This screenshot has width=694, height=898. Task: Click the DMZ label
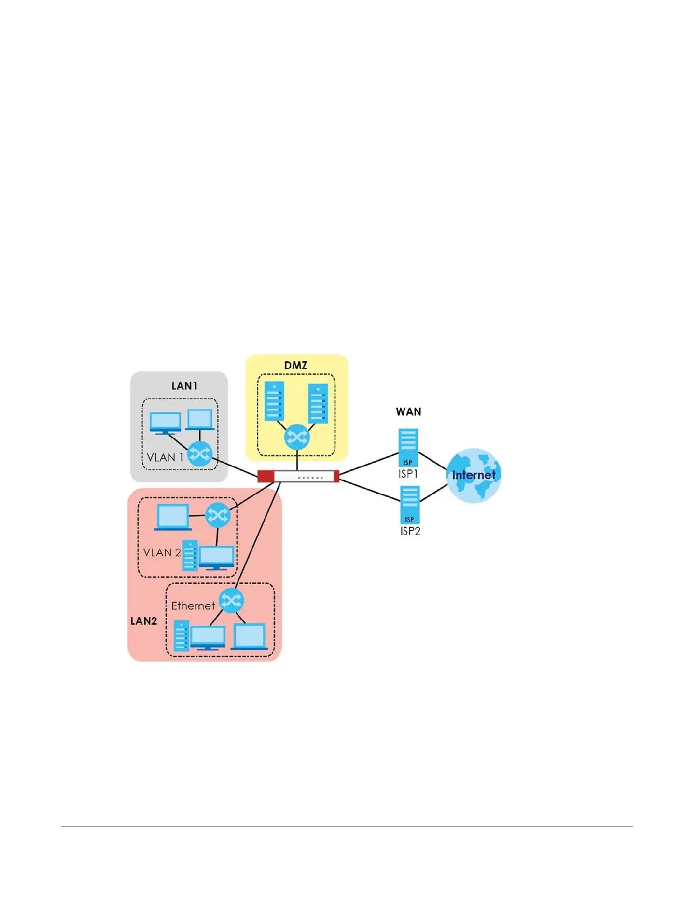(x=295, y=366)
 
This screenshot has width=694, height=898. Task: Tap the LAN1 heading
(x=184, y=386)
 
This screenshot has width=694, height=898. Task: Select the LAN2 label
(x=143, y=621)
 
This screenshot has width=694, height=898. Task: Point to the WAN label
(x=408, y=412)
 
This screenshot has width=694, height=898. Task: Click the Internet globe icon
(x=474, y=476)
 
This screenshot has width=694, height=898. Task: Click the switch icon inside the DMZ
(x=297, y=437)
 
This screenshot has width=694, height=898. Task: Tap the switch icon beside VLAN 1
(x=200, y=454)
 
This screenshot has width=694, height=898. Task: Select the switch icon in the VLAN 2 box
(x=218, y=515)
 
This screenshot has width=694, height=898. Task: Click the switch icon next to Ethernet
(x=231, y=600)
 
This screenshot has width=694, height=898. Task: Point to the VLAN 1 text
(x=165, y=458)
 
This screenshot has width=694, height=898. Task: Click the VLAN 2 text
(x=162, y=553)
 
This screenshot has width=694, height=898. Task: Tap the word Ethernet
(x=193, y=606)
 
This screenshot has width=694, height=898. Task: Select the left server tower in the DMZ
(x=274, y=401)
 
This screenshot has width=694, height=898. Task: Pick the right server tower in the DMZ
(x=318, y=404)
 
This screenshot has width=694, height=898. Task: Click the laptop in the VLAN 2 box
(x=173, y=518)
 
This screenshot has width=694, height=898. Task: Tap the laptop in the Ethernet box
(x=249, y=636)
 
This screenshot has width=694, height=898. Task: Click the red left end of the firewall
(x=265, y=476)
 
